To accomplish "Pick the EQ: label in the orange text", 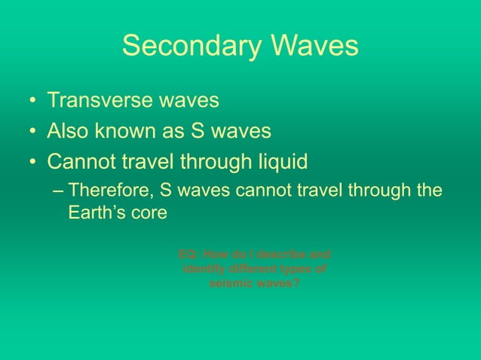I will [x=188, y=254].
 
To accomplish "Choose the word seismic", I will [x=231, y=284].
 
